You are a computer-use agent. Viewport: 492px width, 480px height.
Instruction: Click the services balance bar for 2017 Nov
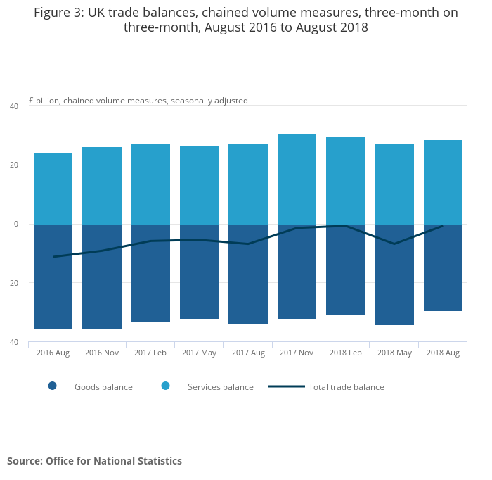coord(297,179)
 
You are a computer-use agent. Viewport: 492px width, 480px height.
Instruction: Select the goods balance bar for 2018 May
coord(394,274)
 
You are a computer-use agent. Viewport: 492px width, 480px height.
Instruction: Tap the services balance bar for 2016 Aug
coord(53,189)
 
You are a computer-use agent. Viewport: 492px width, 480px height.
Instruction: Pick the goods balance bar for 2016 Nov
coord(102,276)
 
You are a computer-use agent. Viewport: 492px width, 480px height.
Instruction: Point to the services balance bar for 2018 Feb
coord(345,180)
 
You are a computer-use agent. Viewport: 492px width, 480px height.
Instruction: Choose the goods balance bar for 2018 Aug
coord(443,267)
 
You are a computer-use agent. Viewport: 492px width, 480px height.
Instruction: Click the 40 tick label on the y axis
coord(14,106)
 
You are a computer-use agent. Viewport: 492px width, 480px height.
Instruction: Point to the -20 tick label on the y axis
coord(12,283)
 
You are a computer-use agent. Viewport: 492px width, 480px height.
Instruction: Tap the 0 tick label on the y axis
coord(16,224)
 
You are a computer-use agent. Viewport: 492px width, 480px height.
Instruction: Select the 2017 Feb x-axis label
coord(150,353)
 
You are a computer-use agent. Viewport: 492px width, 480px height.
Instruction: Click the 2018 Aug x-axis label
coord(443,353)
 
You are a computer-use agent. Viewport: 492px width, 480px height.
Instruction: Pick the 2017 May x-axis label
coord(199,353)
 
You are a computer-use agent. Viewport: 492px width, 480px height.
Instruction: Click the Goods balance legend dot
coord(52,386)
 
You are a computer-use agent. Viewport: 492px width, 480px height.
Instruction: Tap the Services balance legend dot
coord(166,386)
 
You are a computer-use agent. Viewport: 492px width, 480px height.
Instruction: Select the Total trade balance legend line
coord(286,386)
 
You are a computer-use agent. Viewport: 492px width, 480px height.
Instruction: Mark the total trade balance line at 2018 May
coord(394,244)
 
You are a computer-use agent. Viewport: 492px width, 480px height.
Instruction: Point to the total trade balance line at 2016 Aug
coord(53,256)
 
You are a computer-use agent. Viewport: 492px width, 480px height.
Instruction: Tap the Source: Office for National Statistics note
coord(94,461)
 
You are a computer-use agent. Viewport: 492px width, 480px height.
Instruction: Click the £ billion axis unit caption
coord(138,101)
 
